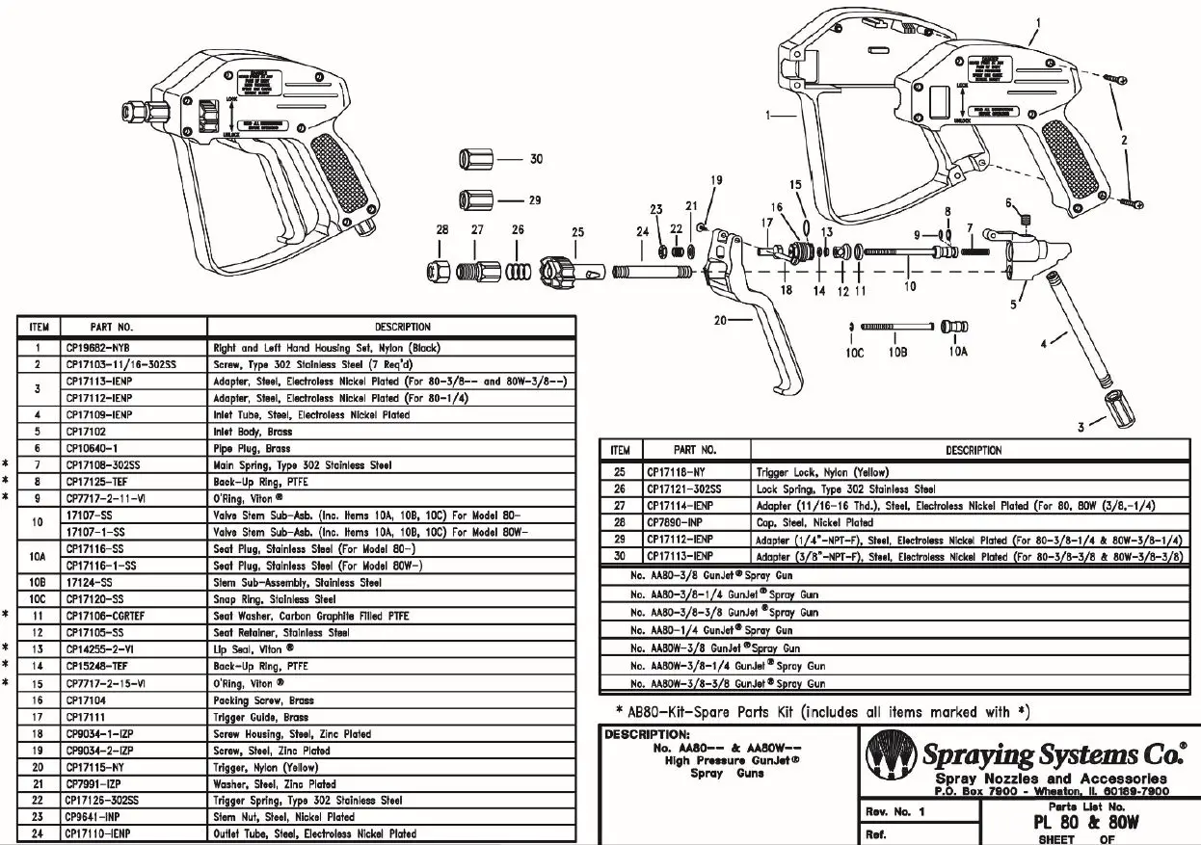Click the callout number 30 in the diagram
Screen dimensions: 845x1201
click(536, 159)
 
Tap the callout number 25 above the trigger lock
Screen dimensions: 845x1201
click(577, 231)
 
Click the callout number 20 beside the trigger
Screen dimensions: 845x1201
click(720, 322)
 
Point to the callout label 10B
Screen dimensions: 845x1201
click(897, 352)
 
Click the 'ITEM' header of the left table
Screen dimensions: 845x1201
click(40, 327)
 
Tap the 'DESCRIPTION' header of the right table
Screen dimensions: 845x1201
click(973, 450)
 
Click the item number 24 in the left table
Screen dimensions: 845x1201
click(36, 833)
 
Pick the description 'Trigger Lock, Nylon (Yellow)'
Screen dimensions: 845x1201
click(822, 472)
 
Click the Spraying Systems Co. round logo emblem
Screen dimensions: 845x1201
click(891, 755)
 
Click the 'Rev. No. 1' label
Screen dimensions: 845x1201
click(895, 812)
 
